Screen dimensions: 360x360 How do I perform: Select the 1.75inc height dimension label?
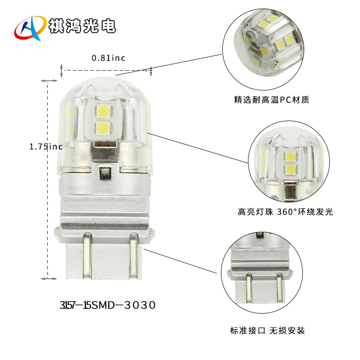(45, 147)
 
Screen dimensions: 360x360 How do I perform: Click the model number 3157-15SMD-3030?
(108, 305)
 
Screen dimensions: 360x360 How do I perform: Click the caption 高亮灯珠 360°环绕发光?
(285, 211)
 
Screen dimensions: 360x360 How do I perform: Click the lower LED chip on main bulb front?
(103, 127)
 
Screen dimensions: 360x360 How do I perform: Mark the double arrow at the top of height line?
(49, 81)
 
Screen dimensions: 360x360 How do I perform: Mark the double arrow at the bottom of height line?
(48, 279)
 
